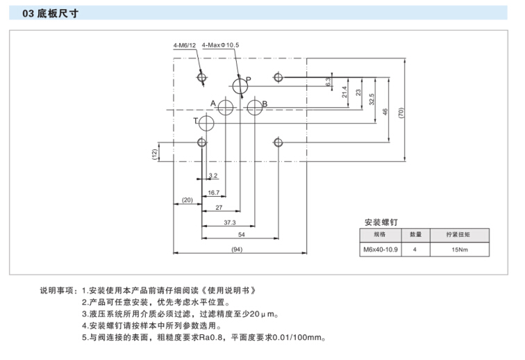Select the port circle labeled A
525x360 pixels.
(x=226, y=108)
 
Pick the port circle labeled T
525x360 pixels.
(x=207, y=124)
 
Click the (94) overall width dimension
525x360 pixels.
(x=238, y=249)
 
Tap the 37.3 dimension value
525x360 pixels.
(x=229, y=222)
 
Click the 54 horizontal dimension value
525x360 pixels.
(x=240, y=235)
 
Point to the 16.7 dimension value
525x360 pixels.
(x=213, y=193)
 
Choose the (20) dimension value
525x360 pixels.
(x=187, y=200)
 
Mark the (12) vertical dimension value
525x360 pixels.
(x=155, y=152)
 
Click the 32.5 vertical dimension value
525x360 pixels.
(x=372, y=99)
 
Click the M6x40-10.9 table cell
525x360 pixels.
(x=380, y=248)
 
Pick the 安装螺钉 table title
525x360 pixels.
(x=381, y=222)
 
